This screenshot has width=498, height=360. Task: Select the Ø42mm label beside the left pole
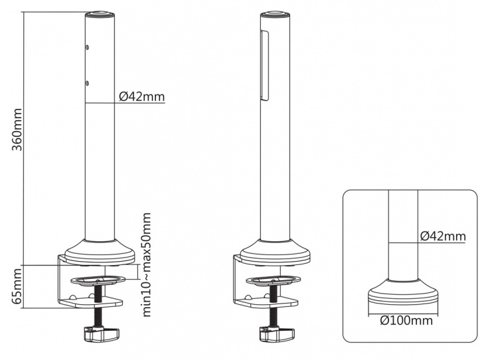pyautogui.click(x=141, y=97)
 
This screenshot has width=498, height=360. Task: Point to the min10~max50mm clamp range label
pyautogui.click(x=147, y=264)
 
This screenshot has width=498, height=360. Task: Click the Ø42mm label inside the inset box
pyautogui.click(x=443, y=236)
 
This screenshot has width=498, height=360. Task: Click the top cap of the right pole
pyautogui.click(x=273, y=13)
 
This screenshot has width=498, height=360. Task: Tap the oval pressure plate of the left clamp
pyautogui.click(x=98, y=276)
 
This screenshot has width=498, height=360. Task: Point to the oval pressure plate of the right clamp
pyautogui.click(x=273, y=277)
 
